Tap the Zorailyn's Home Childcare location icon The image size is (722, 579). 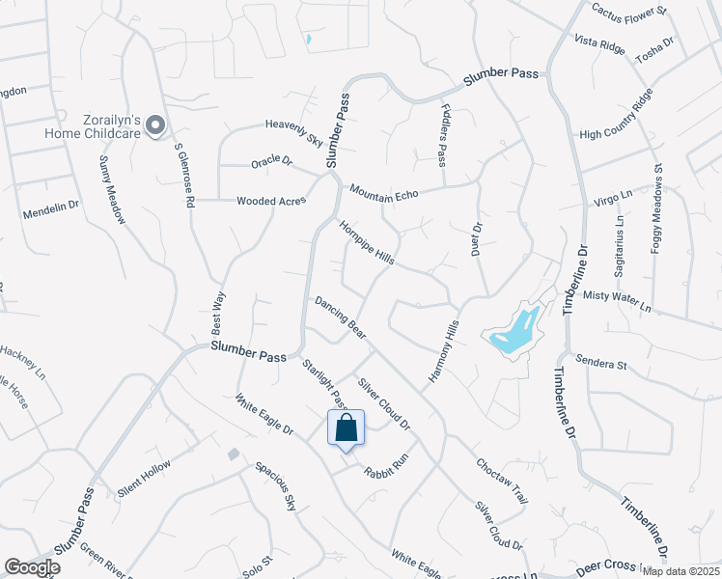point(155,124)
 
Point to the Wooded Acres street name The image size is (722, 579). point(271,202)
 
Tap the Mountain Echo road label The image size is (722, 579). point(384,193)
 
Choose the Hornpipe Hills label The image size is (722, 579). point(366,243)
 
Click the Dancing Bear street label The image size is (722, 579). point(340,317)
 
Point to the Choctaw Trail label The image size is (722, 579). point(502,481)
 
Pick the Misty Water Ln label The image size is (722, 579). point(619,301)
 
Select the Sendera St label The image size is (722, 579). point(601,363)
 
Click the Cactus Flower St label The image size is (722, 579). point(629,11)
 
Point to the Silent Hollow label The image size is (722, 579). point(144,479)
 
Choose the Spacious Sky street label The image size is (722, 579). point(276,486)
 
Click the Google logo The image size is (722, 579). point(33,568)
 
